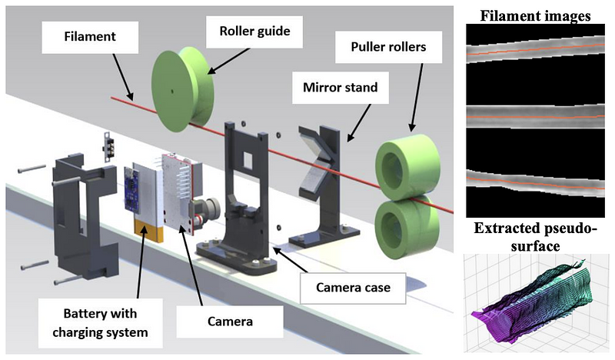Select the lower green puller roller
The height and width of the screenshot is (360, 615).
(406, 223)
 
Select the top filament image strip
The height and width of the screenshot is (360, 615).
(537, 51)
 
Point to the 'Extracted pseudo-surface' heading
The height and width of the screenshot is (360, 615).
(537, 237)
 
